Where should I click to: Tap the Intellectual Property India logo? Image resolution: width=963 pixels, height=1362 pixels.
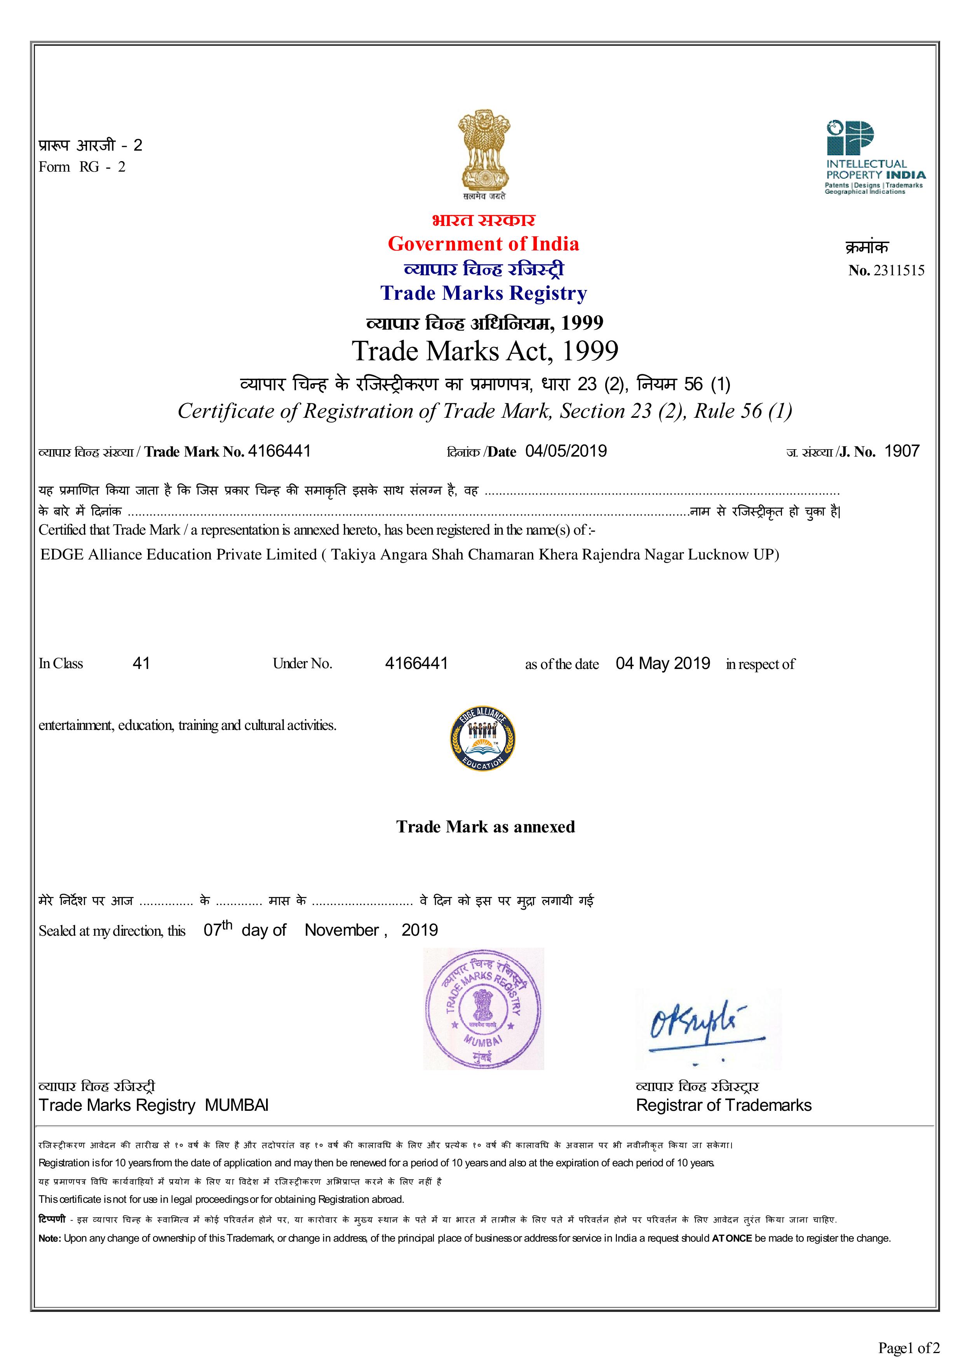pyautogui.click(x=874, y=157)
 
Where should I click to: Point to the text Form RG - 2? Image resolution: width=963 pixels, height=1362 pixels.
pyautogui.click(x=82, y=167)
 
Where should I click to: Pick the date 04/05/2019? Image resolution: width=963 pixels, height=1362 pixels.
pyautogui.click(x=566, y=452)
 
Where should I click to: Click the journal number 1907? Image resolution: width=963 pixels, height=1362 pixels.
pyautogui.click(x=901, y=452)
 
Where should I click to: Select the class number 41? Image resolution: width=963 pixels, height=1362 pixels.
pyautogui.click(x=141, y=663)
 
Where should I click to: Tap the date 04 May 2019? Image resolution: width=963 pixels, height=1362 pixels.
pyautogui.click(x=662, y=663)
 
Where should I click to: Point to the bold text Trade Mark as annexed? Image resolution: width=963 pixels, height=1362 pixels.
pyautogui.click(x=485, y=827)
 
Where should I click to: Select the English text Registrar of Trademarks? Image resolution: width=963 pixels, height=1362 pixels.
pyautogui.click(x=723, y=1105)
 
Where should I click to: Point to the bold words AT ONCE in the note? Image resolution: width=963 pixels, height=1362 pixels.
pyautogui.click(x=731, y=1239)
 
